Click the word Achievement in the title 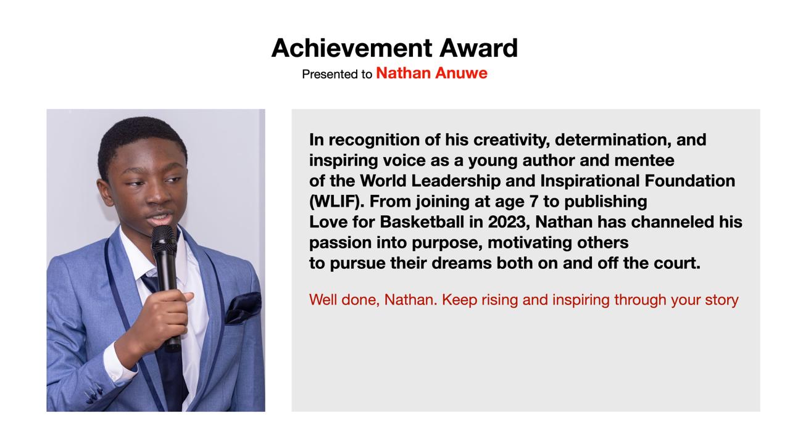coord(352,48)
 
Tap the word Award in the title coord(478,48)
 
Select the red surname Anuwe coord(461,73)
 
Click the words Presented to coord(337,74)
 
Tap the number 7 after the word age coord(534,202)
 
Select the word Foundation coord(690,181)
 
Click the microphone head coord(164,238)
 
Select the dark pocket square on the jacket coord(244,307)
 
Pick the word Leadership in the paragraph coord(455,181)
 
